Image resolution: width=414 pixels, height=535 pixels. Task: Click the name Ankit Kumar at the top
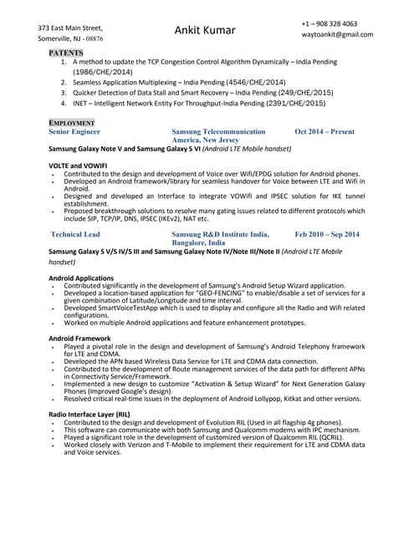pyautogui.click(x=206, y=30)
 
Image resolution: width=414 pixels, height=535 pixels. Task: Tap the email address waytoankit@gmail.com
pyautogui.click(x=338, y=34)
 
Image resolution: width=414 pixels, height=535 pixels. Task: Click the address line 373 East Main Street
pyautogui.click(x=76, y=28)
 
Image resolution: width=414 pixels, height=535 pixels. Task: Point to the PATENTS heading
pyautogui.click(x=71, y=52)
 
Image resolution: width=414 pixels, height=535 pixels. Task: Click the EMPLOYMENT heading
pyautogui.click(x=72, y=123)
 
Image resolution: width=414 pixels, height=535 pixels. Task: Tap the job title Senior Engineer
pyautogui.click(x=74, y=132)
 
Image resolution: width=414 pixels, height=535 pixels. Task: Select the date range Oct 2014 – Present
pyautogui.click(x=325, y=132)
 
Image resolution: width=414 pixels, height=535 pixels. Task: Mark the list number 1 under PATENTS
pyautogui.click(x=64, y=62)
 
